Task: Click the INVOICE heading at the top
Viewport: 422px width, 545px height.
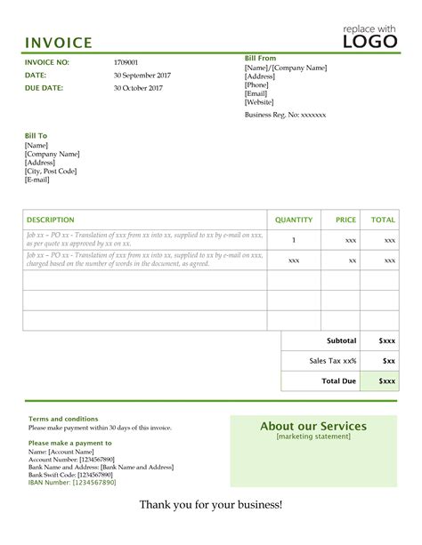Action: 58,43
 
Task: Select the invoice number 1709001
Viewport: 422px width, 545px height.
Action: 126,62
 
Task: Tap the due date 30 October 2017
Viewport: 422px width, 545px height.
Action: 138,89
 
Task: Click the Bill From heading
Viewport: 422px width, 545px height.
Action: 261,58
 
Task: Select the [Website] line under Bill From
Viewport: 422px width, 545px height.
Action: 259,102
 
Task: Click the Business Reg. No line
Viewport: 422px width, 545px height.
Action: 285,115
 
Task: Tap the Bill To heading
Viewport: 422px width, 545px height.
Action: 37,135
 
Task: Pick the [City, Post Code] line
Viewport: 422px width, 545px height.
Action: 51,171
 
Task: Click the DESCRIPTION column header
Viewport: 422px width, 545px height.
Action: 51,220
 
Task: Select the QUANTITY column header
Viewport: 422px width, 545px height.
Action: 294,220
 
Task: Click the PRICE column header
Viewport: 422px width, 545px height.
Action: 345,220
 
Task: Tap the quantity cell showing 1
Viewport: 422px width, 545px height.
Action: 295,240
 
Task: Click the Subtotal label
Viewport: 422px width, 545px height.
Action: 342,341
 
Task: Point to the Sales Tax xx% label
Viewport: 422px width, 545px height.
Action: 333,361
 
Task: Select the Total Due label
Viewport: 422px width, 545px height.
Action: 338,381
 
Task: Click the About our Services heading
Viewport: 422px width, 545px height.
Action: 313,426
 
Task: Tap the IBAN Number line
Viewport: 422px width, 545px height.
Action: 72,482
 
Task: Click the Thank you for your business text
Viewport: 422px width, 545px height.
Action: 211,505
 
